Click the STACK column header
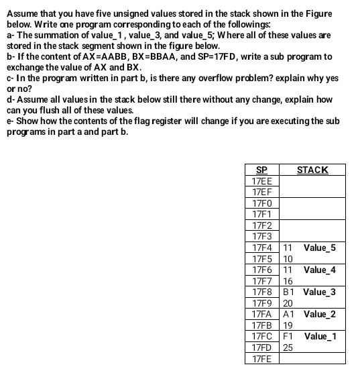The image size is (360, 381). tap(312, 170)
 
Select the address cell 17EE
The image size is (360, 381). tap(261, 181)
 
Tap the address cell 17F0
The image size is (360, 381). tap(261, 203)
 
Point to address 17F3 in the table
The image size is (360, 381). tap(261, 236)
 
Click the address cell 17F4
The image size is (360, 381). tap(261, 248)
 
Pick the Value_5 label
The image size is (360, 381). tap(319, 248)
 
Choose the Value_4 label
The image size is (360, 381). tap(319, 270)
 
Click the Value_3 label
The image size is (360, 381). tap(319, 292)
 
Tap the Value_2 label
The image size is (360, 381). tap(319, 314)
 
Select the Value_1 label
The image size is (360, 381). tap(319, 336)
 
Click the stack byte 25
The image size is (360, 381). tap(288, 347)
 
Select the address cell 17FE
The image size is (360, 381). tap(261, 358)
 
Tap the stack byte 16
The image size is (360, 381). tap(288, 281)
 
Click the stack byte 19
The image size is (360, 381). tap(288, 325)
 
